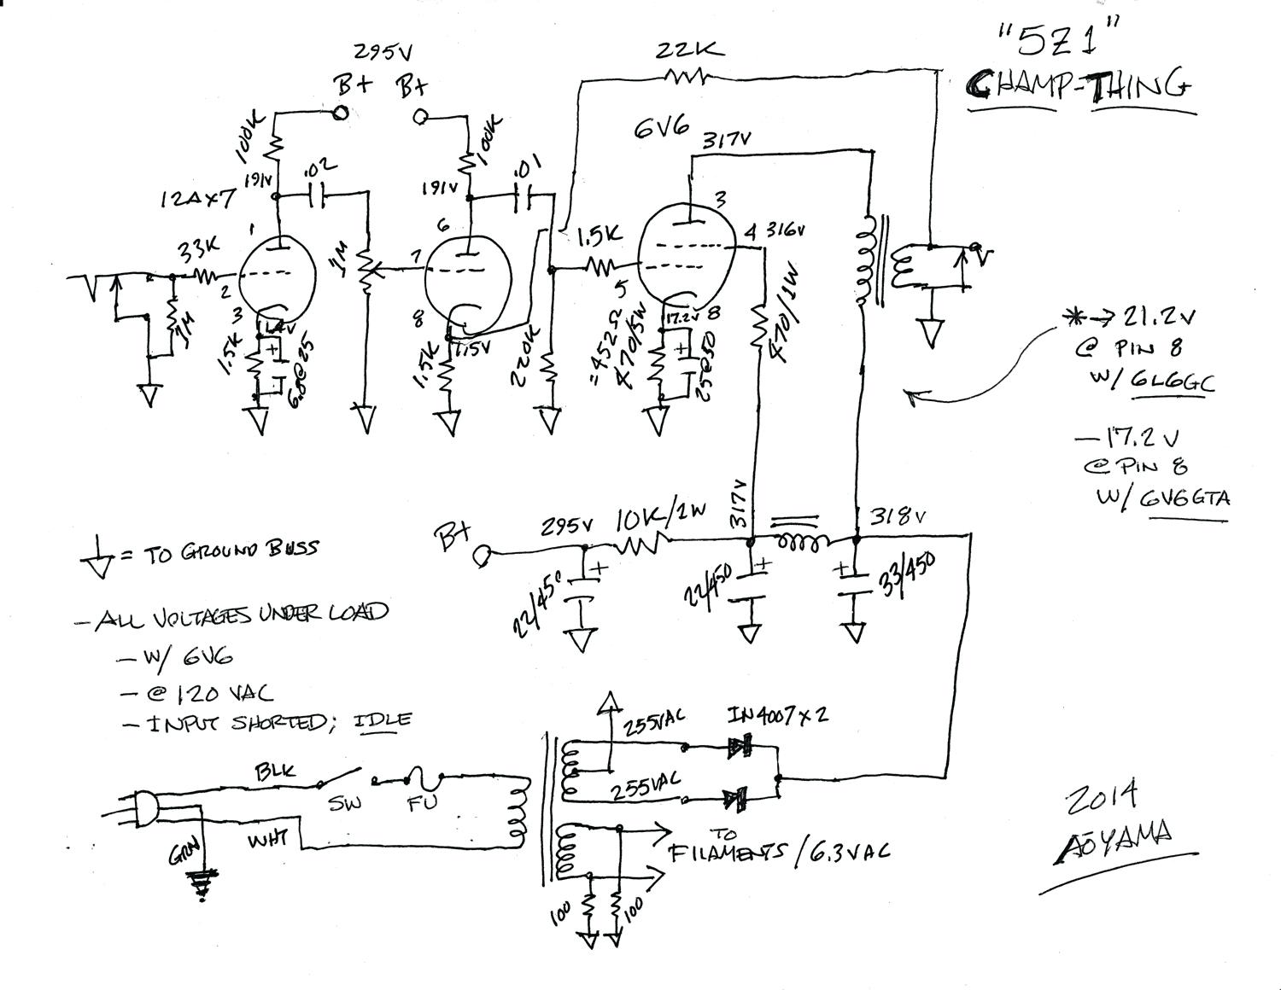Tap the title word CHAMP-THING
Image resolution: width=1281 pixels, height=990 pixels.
pos(1079,84)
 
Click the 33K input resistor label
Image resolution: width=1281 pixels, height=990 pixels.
pos(198,248)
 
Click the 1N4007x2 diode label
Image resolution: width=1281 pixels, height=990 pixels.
pos(777,715)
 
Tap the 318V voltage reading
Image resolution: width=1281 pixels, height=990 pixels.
pos(898,516)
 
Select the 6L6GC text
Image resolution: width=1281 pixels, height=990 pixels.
pos(1171,383)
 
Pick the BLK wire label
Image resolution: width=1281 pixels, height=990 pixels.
pos(275,772)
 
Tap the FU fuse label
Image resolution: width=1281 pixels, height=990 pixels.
pos(421,803)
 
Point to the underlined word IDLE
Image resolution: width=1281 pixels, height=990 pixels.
pos(382,719)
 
